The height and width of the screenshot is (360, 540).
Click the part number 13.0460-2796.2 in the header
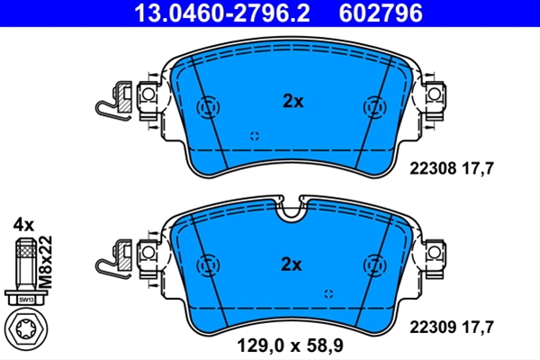[222, 13]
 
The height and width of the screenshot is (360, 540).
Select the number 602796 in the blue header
[381, 13]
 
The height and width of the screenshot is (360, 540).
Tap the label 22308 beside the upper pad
[433, 168]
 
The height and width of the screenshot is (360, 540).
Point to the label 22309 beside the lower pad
[433, 327]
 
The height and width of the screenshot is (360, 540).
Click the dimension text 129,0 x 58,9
[290, 346]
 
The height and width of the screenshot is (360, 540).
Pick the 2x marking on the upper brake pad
[293, 102]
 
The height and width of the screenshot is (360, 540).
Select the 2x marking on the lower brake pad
[292, 265]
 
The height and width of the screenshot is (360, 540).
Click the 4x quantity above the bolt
[23, 225]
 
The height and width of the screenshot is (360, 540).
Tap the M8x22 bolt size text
[46, 262]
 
